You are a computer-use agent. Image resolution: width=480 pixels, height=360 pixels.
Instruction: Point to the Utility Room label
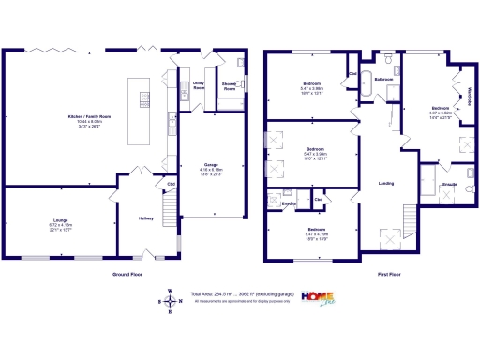coord(199,84)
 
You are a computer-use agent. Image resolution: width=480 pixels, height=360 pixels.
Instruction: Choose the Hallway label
coord(146,217)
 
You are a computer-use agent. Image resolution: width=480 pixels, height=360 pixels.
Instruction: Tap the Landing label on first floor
coord(383,183)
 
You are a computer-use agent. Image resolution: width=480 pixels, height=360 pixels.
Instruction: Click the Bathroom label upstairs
coord(383,80)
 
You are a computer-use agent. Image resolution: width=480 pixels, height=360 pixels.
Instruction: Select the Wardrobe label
coord(469,97)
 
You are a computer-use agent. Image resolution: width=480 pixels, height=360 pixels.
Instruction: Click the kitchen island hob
coord(143,97)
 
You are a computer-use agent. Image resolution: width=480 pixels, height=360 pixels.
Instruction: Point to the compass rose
coord(170,300)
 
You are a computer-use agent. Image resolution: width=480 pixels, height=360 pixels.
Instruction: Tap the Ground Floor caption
coord(127,275)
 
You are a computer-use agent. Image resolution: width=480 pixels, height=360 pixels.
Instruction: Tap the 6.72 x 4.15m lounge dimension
coord(60,226)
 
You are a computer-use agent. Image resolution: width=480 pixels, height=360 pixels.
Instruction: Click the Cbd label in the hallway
coord(171,184)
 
